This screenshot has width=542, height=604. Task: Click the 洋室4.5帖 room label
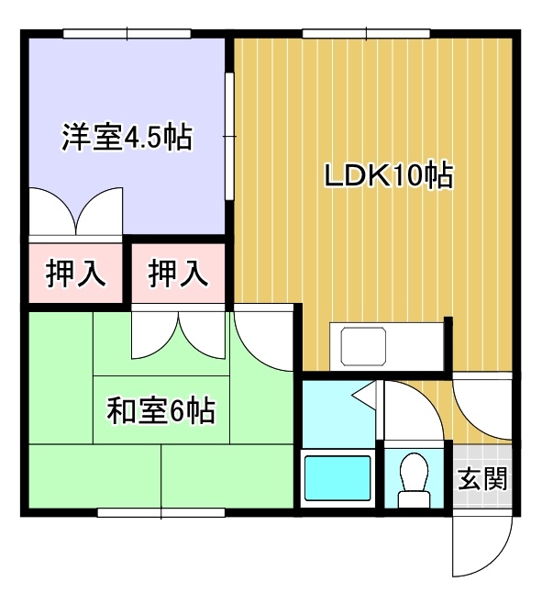(x=127, y=138)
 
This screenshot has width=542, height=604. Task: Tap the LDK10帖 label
(x=389, y=176)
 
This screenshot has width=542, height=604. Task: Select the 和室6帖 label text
(x=160, y=411)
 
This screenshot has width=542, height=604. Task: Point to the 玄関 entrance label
(x=482, y=478)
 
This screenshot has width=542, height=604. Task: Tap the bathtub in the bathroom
(x=337, y=477)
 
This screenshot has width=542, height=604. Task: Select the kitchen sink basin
(x=363, y=346)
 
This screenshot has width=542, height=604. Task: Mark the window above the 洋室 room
(x=127, y=34)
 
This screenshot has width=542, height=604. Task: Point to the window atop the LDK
(x=366, y=34)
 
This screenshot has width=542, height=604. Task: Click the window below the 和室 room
(x=160, y=513)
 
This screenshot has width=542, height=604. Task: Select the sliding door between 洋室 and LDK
(x=230, y=137)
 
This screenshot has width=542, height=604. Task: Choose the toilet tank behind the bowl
(x=414, y=499)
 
